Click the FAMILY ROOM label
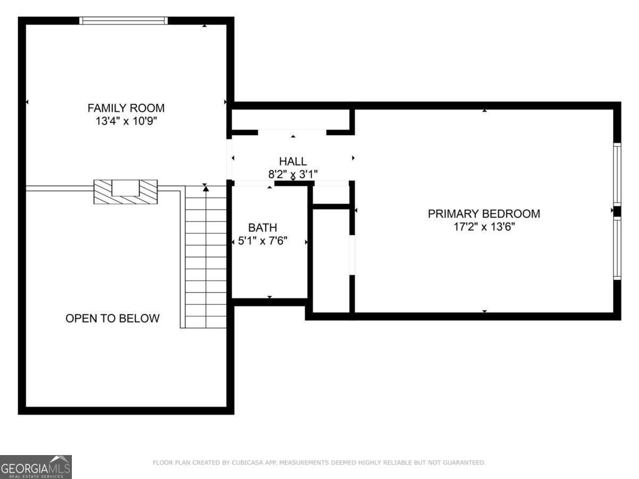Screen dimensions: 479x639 [x=126, y=108]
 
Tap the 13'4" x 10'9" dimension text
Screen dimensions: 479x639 [x=126, y=121]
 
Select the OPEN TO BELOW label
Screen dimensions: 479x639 [x=112, y=318]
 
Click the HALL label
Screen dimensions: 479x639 [x=293, y=161]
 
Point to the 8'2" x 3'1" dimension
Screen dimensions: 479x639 [x=293, y=174]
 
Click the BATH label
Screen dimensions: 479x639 [x=263, y=228]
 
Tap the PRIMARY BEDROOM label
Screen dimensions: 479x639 [x=484, y=213]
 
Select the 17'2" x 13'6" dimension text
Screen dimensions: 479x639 [x=484, y=227]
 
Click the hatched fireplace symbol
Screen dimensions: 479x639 [x=126, y=192]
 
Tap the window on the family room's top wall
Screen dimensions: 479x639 [x=124, y=21]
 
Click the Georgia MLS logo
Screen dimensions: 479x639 [x=36, y=467]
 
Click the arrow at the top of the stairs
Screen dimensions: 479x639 [x=206, y=188]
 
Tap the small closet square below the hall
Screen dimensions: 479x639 [x=330, y=194]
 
